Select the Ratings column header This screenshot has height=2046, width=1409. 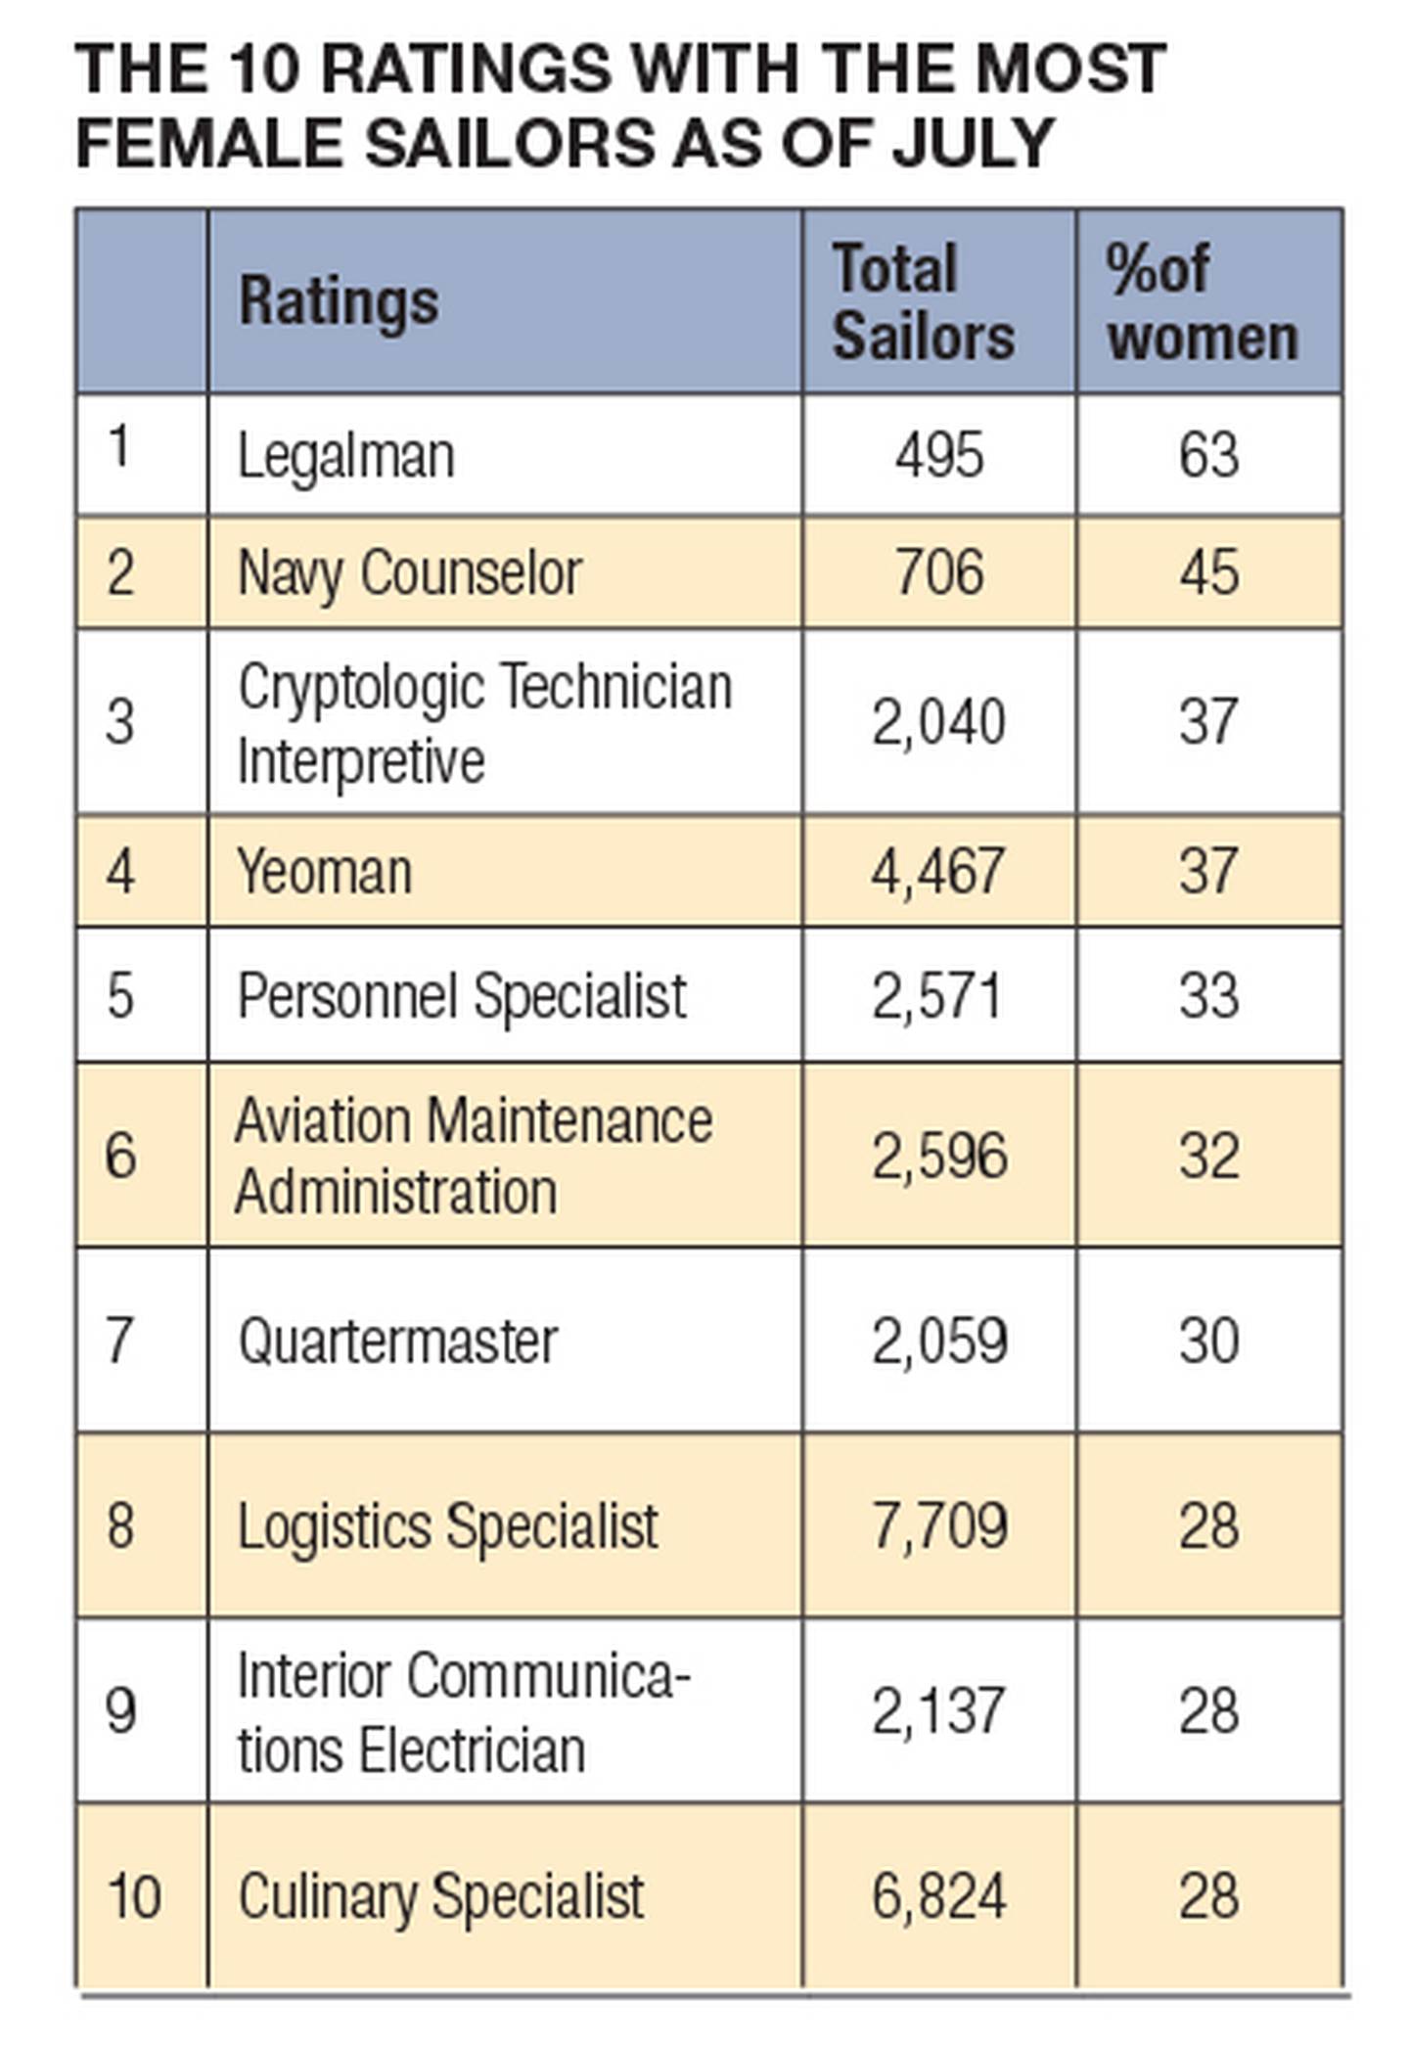(339, 301)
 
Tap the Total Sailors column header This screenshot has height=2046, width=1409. (923, 302)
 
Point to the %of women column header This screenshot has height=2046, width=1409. (1203, 302)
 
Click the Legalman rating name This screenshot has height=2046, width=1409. (346, 456)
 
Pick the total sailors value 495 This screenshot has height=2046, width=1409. (938, 456)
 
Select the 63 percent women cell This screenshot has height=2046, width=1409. (1208, 456)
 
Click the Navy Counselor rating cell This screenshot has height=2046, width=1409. (410, 572)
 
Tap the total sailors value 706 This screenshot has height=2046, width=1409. (938, 572)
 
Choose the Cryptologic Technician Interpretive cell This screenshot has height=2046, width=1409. (484, 723)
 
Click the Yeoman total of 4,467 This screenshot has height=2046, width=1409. (937, 872)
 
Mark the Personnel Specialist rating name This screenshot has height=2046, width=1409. (462, 996)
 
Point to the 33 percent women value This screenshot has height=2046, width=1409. (1208, 996)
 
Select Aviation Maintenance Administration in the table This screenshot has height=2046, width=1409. (474, 1156)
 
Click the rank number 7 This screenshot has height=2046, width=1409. (119, 1341)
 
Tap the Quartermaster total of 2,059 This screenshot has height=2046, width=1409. (938, 1341)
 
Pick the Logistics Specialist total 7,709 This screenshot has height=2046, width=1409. (938, 1525)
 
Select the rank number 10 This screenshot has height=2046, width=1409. (134, 1895)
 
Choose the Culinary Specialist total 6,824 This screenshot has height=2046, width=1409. (938, 1895)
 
